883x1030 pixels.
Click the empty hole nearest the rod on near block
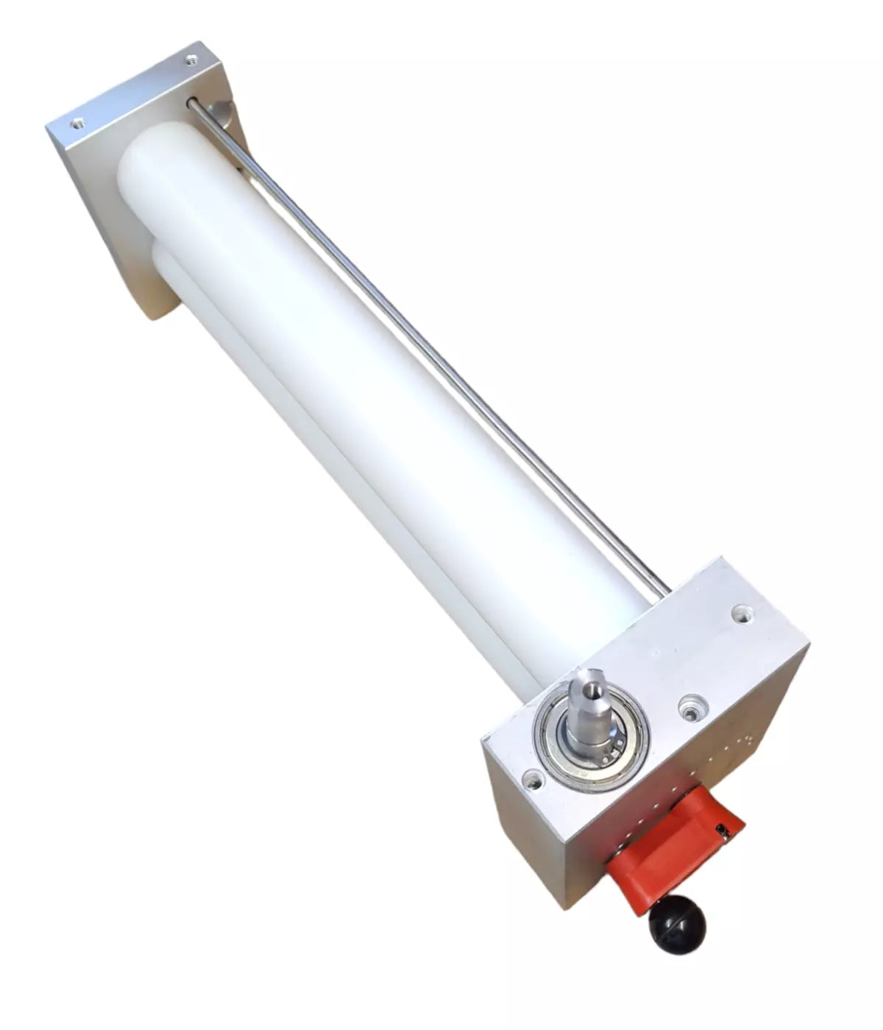741,611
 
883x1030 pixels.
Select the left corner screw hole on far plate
77,122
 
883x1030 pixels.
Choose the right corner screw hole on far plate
191,60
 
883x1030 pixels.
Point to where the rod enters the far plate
193,104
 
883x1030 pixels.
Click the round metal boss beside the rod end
219,113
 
